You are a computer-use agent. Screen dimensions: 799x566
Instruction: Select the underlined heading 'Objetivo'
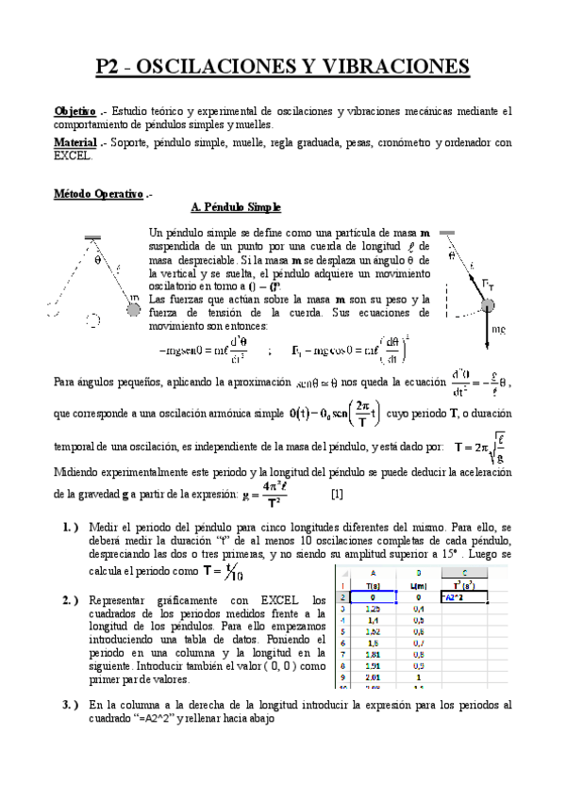coord(75,111)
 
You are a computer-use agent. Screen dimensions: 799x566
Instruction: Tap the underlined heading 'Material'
coord(75,142)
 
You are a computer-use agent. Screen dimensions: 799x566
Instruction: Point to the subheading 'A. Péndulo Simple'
coord(236,207)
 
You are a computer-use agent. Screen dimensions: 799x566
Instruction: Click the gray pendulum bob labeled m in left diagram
coord(134,300)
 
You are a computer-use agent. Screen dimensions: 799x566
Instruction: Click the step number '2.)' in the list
coord(70,600)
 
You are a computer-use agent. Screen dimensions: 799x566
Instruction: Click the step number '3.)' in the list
coord(70,705)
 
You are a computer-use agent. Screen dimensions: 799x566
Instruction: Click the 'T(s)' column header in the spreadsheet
coord(372,585)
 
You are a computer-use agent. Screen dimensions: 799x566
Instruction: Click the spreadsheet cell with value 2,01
coord(372,676)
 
